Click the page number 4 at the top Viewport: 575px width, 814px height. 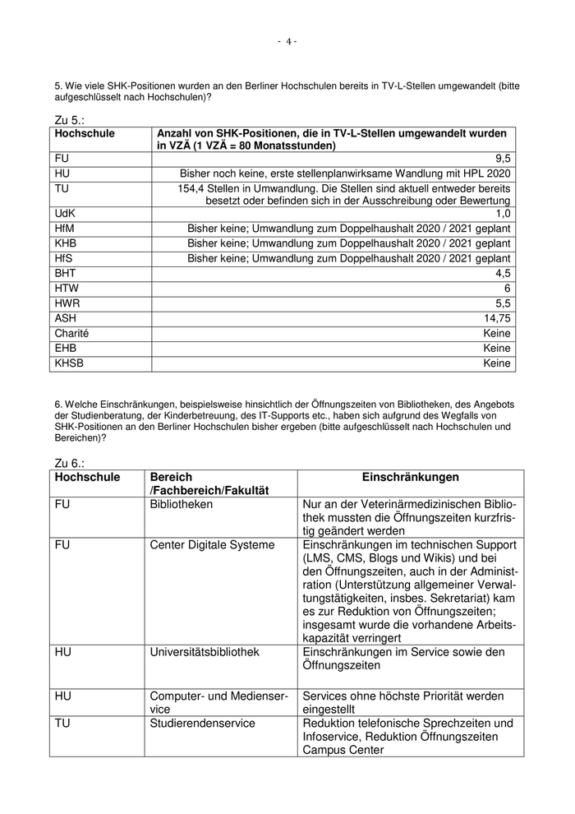coord(287,42)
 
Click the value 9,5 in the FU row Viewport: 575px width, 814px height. coord(503,158)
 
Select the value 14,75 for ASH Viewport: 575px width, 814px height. coord(497,318)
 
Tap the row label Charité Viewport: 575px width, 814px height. coord(71,333)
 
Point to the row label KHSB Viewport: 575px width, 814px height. coord(70,363)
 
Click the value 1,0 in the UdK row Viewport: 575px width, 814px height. coord(503,213)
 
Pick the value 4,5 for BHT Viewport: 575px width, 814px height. coord(503,273)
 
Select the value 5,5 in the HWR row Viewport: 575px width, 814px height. coord(503,303)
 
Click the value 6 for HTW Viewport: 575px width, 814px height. coord(507,288)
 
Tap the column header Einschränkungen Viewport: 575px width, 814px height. coord(410,478)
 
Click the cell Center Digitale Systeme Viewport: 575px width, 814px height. coord(212,544)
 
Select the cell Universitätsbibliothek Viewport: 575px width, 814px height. coord(205,652)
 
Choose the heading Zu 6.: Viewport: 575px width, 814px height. coord(70,464)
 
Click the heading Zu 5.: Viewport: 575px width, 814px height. coord(70,120)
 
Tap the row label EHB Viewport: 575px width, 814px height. coord(67,348)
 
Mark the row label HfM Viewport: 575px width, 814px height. coord(67,228)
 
